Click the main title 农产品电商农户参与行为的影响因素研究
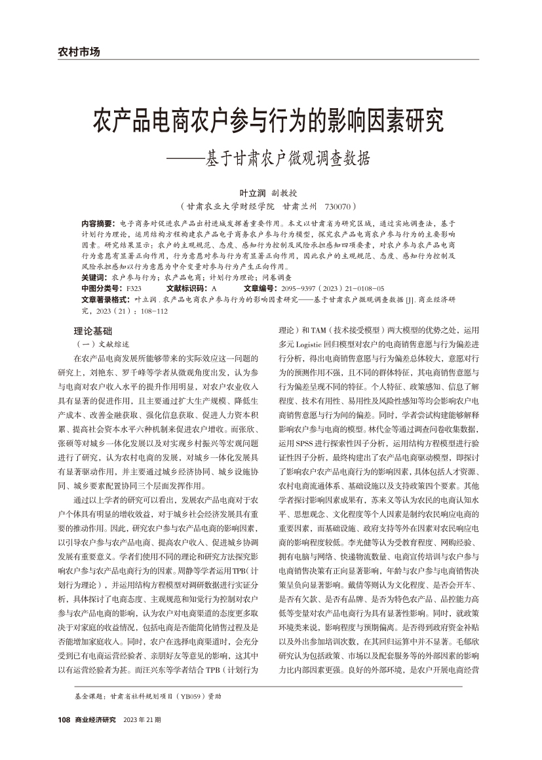[x=270, y=121]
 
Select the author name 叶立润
[x=252, y=193]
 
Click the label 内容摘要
[x=99, y=223]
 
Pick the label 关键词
[x=95, y=278]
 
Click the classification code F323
[x=134, y=288]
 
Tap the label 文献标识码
[x=187, y=288]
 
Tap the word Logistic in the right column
[x=311, y=344]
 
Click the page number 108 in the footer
[x=64, y=720]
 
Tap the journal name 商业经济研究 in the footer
[x=96, y=720]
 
